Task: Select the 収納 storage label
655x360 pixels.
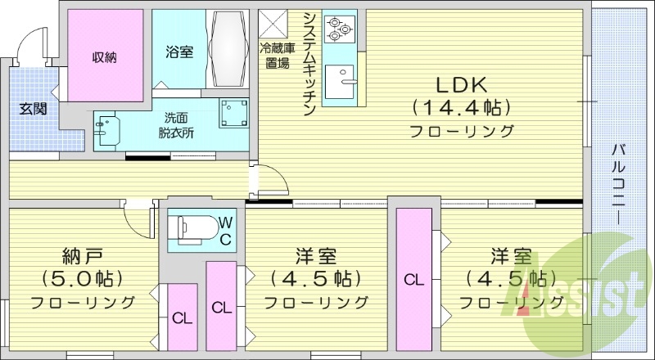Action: tap(104, 56)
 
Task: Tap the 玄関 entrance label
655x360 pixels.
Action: tap(34, 108)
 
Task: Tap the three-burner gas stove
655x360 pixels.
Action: tap(338, 29)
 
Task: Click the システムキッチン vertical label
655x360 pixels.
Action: tap(309, 65)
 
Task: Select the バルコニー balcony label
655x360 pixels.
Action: tap(620, 184)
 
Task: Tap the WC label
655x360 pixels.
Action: tap(225, 230)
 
